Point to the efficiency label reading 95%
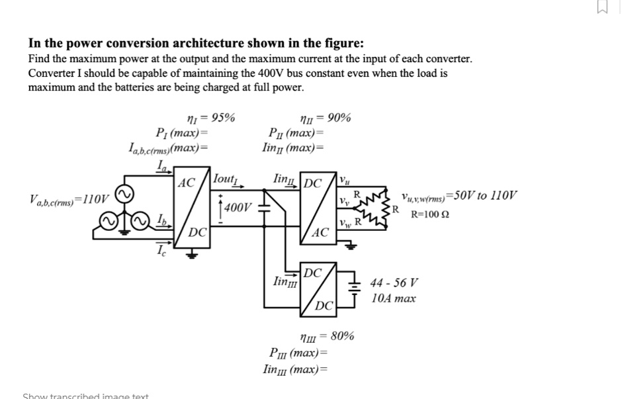210,118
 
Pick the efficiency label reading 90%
326,118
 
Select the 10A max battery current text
394,298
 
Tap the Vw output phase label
344,221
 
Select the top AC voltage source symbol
125,193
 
